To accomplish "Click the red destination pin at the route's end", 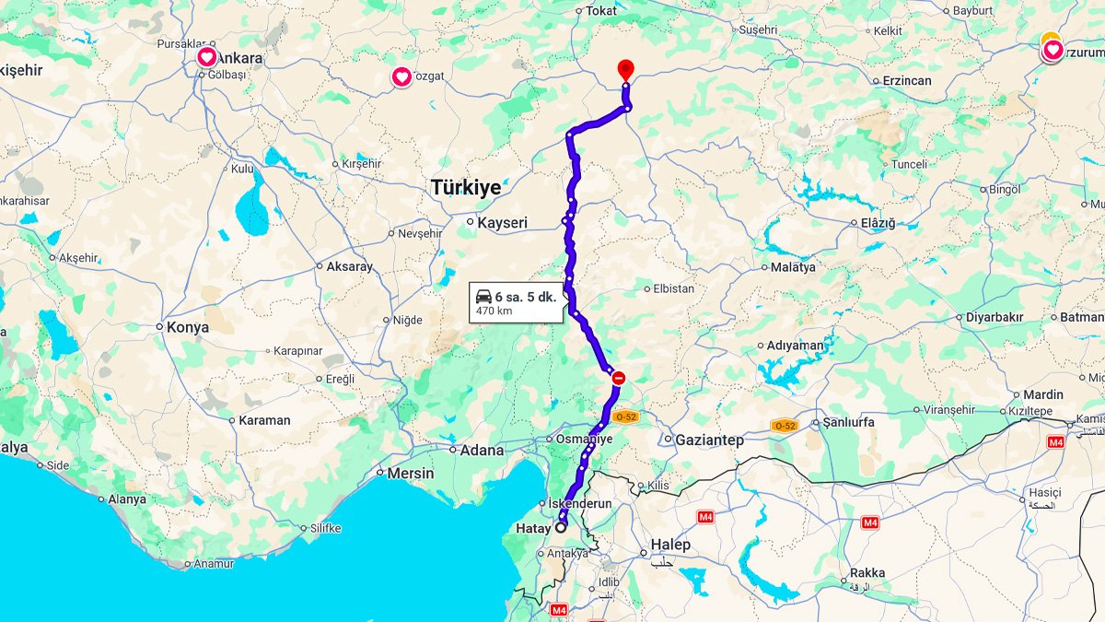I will click(625, 68).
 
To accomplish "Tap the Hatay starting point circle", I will click(561, 528).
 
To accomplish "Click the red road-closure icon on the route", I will click(619, 377).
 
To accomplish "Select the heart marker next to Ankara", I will click(207, 58).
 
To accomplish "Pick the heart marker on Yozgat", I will click(401, 76).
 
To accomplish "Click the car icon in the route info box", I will click(483, 297).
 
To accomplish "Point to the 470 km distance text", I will click(494, 311).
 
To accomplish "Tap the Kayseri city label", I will click(502, 223).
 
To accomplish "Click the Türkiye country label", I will click(466, 188).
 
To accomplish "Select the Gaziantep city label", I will click(709, 440).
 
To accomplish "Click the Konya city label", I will click(187, 327).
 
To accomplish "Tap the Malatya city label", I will click(793, 267).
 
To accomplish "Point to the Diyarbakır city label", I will click(994, 317).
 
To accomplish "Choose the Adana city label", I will click(482, 451).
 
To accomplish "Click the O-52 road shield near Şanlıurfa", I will click(785, 425).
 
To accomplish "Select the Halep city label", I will click(670, 545).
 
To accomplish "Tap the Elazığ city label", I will click(877, 223).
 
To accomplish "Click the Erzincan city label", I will click(906, 81).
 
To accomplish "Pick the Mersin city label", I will click(410, 473).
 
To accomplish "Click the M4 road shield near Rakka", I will click(870, 522).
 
